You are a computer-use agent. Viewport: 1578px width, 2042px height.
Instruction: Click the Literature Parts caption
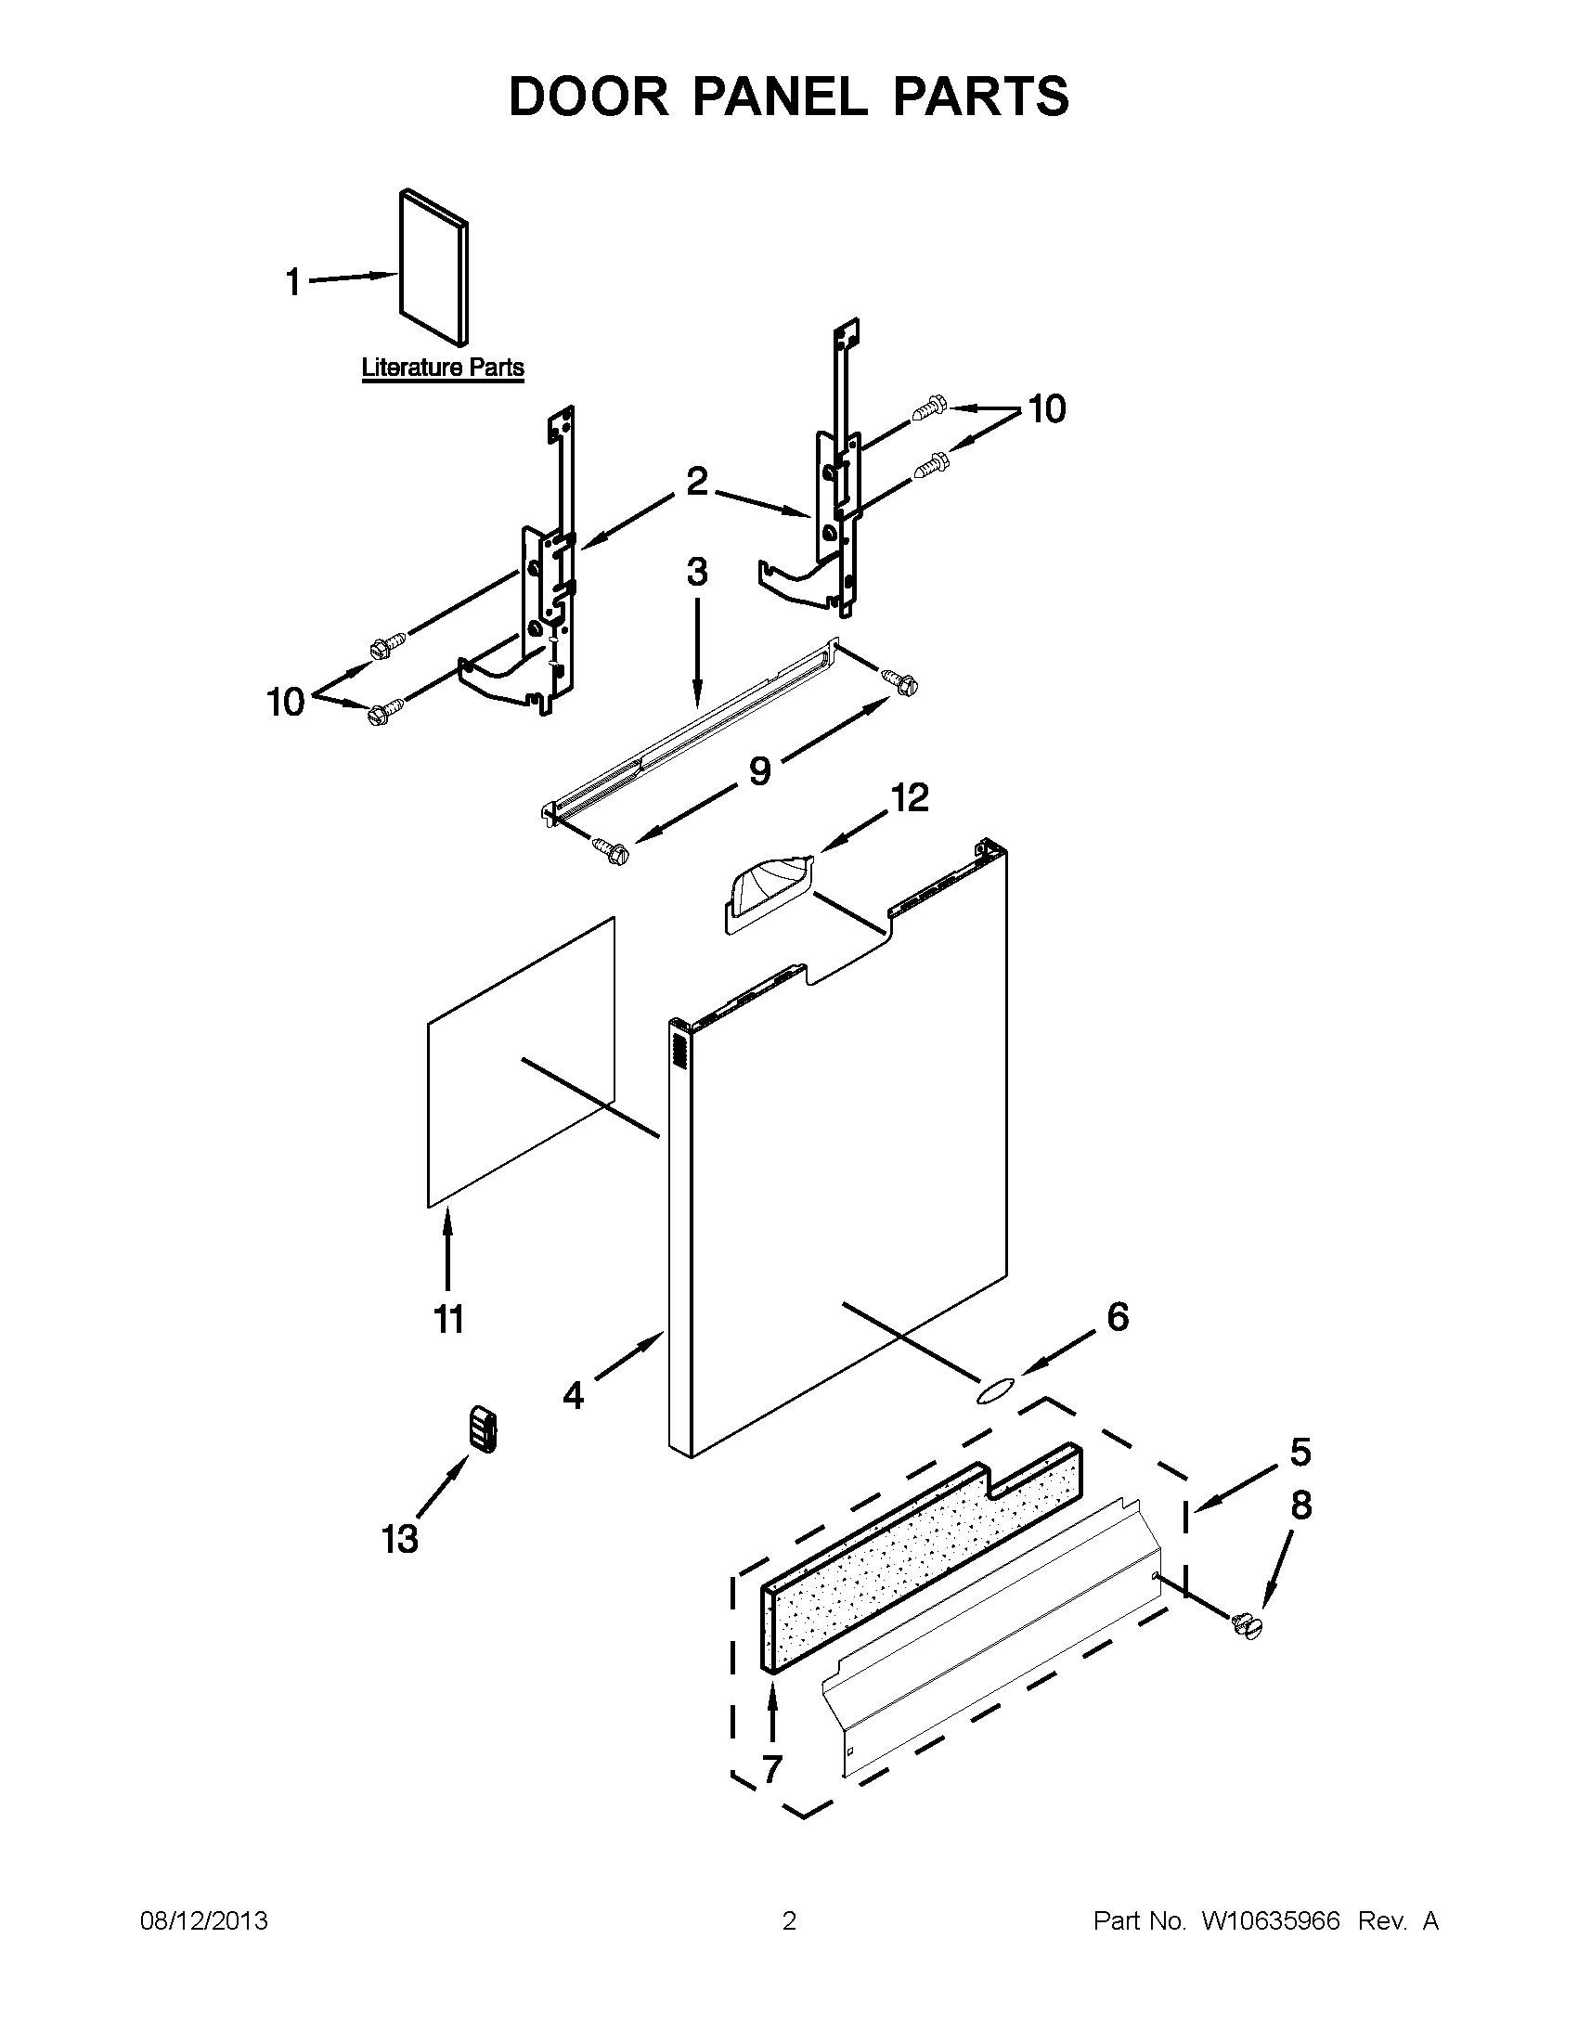coord(442,368)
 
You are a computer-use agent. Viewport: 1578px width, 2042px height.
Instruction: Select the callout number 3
coord(697,572)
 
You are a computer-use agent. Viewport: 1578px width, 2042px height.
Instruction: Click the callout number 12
coord(910,797)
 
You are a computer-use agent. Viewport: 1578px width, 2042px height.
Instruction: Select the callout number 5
coord(1300,1452)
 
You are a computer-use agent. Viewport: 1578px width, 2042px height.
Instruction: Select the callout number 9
coord(759,770)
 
